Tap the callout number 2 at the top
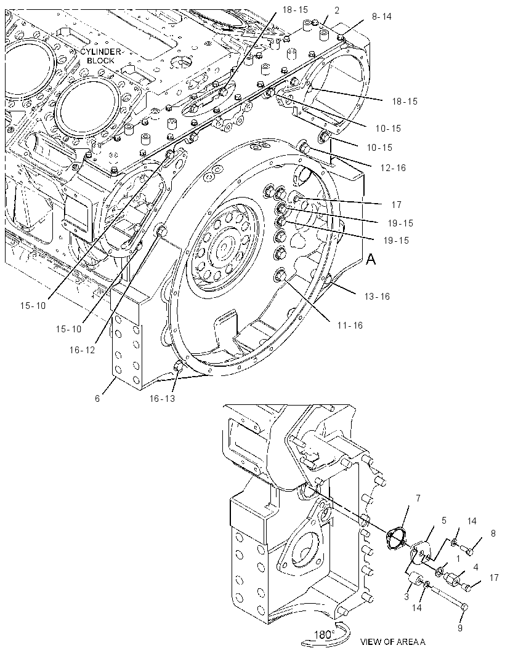[x=337, y=10]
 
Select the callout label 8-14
[x=381, y=17]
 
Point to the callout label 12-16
[x=393, y=168]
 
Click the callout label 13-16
[x=377, y=296]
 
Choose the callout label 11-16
[x=350, y=325]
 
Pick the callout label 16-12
[x=82, y=350]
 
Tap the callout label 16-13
[x=162, y=398]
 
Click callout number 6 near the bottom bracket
[x=97, y=398]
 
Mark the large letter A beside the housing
[x=371, y=260]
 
